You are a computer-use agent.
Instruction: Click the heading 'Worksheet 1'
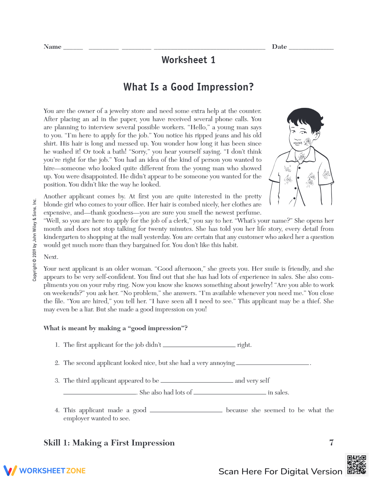(188, 60)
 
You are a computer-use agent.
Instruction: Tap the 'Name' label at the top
(53, 47)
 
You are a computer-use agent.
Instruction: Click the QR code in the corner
(356, 465)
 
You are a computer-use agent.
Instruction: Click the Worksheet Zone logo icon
(10, 470)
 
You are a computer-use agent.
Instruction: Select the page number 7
(331, 443)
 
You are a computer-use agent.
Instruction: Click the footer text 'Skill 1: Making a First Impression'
(109, 443)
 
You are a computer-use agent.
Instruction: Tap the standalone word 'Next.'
(51, 257)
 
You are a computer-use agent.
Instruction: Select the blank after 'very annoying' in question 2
(272, 364)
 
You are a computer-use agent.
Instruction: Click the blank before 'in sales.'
(229, 393)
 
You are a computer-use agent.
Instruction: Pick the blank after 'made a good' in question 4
(186, 411)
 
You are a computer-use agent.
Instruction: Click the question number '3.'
(57, 380)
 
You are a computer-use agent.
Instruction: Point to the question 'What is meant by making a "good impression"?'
(115, 328)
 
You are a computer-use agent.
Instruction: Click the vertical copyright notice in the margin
(34, 240)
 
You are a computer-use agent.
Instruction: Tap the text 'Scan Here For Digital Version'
(280, 471)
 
